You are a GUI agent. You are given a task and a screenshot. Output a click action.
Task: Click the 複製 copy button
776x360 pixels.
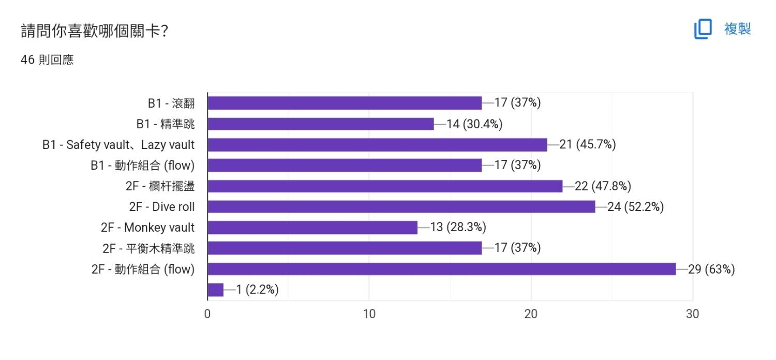coord(723,28)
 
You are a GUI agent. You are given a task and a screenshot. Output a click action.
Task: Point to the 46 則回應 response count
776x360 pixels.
coord(47,60)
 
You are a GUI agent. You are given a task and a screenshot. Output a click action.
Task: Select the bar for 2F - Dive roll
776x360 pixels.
coord(401,207)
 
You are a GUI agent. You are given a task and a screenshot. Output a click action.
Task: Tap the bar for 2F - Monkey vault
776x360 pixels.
coord(312,228)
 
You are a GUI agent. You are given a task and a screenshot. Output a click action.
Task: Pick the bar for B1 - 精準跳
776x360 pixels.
coord(320,124)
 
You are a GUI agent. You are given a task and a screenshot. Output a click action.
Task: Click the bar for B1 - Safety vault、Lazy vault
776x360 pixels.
coord(377,145)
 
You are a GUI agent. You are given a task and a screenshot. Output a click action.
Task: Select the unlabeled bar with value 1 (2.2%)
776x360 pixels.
coord(215,290)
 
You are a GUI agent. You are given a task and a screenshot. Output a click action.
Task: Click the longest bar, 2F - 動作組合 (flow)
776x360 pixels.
coord(441,269)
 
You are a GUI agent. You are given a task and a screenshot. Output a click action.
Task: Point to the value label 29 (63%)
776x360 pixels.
coord(711,269)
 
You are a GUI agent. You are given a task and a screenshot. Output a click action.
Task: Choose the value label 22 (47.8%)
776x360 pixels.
coord(603,186)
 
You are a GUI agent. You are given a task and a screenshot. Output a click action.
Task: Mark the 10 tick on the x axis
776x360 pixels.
coord(369,314)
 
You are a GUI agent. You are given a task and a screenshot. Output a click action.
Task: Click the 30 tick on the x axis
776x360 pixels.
coord(692,314)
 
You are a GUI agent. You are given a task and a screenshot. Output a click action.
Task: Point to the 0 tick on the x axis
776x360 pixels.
coord(207,314)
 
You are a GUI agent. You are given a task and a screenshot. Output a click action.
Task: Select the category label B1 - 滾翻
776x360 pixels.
coord(171,103)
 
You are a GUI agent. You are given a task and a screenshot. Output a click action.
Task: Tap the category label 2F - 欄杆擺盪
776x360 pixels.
coord(160,186)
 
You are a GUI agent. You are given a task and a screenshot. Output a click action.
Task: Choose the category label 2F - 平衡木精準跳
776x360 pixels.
coord(148,248)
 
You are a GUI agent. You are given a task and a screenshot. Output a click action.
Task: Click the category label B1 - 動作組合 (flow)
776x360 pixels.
coord(142,166)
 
